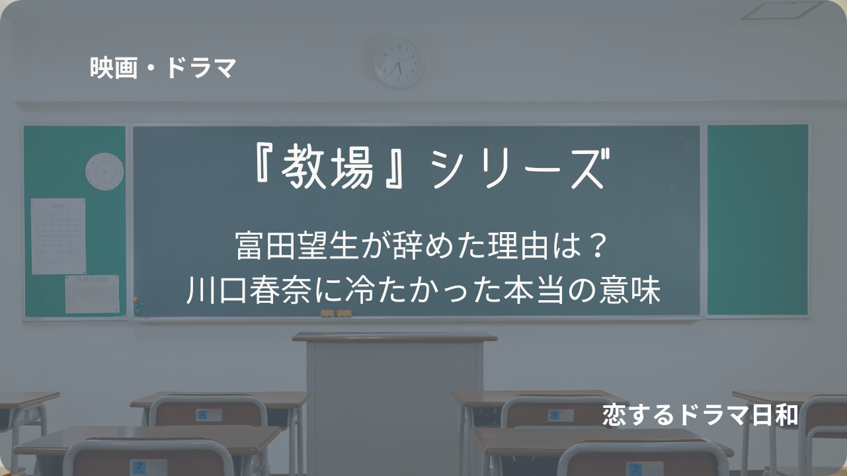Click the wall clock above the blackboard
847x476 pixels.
coord(399,63)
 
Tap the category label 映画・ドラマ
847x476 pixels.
coord(163,68)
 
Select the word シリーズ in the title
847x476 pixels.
coord(520,169)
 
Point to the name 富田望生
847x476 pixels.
coord(297,246)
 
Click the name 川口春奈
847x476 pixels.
coord(249,290)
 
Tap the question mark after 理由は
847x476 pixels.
coord(598,246)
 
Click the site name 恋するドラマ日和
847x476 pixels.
coord(700,415)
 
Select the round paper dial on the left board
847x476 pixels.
coord(104,171)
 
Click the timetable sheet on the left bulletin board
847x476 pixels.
coord(58,236)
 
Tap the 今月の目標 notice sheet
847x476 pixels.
coord(92,294)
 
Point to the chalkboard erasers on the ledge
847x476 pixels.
coord(336,313)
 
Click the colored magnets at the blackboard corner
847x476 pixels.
coord(138,306)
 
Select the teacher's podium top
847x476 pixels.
coord(395,337)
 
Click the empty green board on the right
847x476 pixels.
coord(758,219)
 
